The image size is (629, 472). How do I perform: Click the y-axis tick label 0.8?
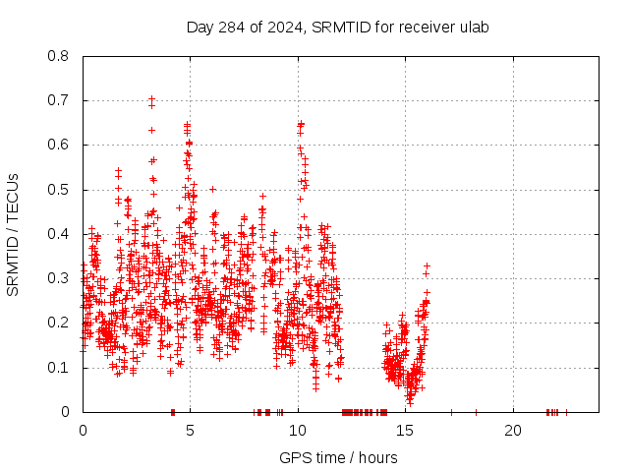coord(59,56)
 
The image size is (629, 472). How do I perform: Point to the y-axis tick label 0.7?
coord(59,100)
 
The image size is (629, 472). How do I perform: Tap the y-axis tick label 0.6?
coord(59,145)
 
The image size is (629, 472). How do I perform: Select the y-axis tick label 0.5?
coord(59,190)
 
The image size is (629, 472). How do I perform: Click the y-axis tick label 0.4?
coord(59,234)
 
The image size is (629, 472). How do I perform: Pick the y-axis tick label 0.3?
coord(59,278)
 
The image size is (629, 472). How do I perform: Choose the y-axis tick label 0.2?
coord(59,324)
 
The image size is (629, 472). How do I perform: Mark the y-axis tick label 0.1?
coord(59,368)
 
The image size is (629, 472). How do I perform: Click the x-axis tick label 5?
coord(191,431)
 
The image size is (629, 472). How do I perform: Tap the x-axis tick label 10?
coord(298,431)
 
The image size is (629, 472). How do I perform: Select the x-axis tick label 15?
coord(406,431)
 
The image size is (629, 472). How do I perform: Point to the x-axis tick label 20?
coord(513,431)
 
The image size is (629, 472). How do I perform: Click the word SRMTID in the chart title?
coord(340,27)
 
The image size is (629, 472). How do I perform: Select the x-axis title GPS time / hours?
coord(338,457)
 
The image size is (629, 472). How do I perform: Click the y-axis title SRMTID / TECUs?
coord(13,234)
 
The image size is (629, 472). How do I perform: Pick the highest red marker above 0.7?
coord(151,98)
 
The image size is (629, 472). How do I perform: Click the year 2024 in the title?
coord(287,27)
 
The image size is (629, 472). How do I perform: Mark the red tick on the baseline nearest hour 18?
coord(476,412)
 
